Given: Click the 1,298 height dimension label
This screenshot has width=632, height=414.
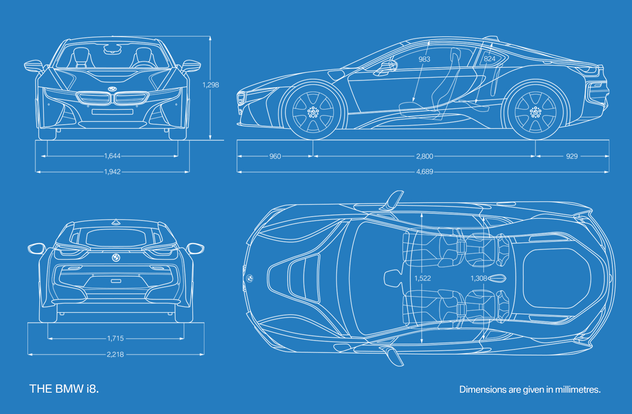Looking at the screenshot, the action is pos(211,85).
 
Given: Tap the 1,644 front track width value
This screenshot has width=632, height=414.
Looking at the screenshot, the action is pos(112,156).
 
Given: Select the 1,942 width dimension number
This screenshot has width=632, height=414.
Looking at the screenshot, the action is pos(112,172).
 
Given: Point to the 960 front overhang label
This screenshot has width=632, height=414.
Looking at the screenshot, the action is pos(275,156).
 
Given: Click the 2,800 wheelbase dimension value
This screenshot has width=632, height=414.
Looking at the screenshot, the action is pos(425,156).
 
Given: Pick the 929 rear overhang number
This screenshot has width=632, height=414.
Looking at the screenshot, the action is pos(572,156).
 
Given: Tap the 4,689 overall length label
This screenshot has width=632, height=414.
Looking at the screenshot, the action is pos(425,172).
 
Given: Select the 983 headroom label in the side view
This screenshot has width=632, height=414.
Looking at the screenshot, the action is pos(425,59).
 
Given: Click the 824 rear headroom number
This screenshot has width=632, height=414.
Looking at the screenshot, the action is pos(489,59).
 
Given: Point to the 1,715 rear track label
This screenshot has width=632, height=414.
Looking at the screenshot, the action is pos(116,339).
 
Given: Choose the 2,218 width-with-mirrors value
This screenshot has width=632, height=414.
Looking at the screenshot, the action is pos(115,354).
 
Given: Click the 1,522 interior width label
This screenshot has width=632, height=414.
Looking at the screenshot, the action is pos(423,278).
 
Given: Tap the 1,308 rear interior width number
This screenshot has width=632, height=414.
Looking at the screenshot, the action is pos(479,278).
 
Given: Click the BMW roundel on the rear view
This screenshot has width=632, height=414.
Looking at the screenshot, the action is pos(116,258).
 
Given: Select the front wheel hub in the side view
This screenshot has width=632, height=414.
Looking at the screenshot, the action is pos(313,112).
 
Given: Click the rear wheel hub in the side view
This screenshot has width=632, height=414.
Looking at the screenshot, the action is pos(536,112).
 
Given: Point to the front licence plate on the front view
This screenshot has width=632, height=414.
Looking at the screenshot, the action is pos(112,112).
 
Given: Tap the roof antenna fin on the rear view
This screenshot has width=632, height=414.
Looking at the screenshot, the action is pos(116,222).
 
